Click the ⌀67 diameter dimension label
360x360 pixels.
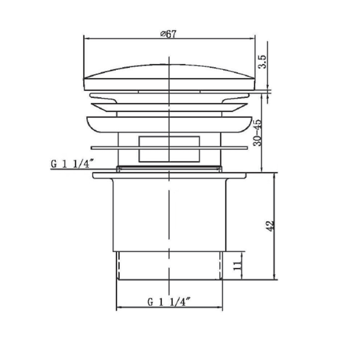point(168,34)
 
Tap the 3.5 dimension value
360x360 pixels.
point(262,63)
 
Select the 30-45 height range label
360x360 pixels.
point(258,133)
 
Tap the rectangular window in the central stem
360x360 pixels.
point(169,148)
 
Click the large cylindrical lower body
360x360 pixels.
point(169,216)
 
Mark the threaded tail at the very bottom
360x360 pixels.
point(169,266)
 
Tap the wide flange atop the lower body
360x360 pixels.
point(169,176)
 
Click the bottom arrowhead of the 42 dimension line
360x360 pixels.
point(274,277)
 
